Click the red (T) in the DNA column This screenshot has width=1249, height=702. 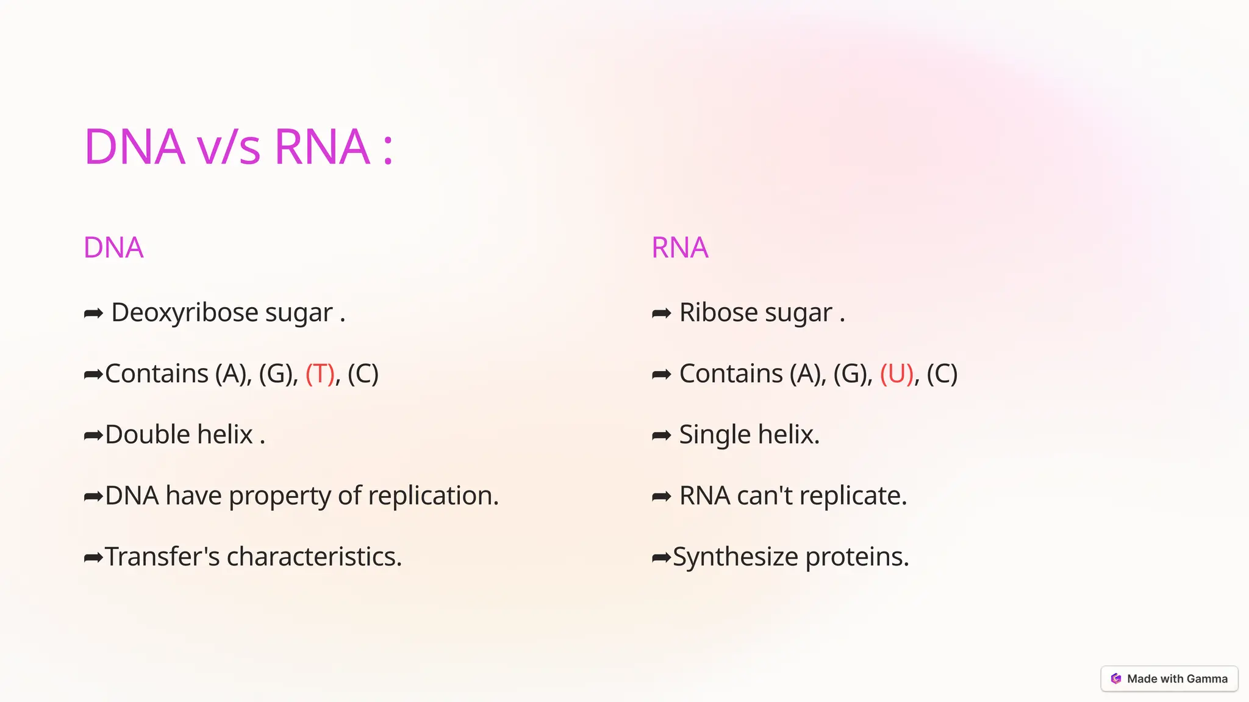pyautogui.click(x=320, y=374)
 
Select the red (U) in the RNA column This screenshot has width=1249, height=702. pyautogui.click(x=896, y=374)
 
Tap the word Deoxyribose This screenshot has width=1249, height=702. pyautogui.click(x=176, y=313)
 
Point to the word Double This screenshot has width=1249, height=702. pyautogui.click(x=148, y=434)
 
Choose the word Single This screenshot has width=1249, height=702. pyautogui.click(x=715, y=435)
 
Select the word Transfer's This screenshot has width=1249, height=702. pyautogui.click(x=162, y=556)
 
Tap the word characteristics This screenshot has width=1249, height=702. pyautogui.click(x=314, y=556)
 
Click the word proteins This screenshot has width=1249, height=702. pyautogui.click(x=857, y=557)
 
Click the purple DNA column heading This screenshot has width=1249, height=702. pyautogui.click(x=113, y=248)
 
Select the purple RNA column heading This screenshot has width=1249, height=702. pyautogui.click(x=680, y=248)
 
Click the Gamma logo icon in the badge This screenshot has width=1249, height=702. pyautogui.click(x=1116, y=679)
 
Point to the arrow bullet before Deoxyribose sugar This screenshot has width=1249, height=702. pyautogui.click(x=93, y=313)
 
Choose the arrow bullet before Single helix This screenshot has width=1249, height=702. pyautogui.click(x=661, y=435)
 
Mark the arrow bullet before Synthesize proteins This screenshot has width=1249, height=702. pyautogui.click(x=661, y=557)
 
